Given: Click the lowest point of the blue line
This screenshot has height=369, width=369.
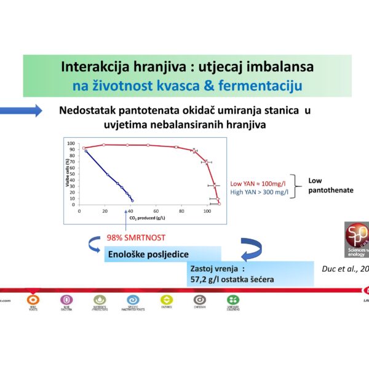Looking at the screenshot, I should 132,200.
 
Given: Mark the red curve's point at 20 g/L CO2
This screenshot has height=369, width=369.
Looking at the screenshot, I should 105,145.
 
